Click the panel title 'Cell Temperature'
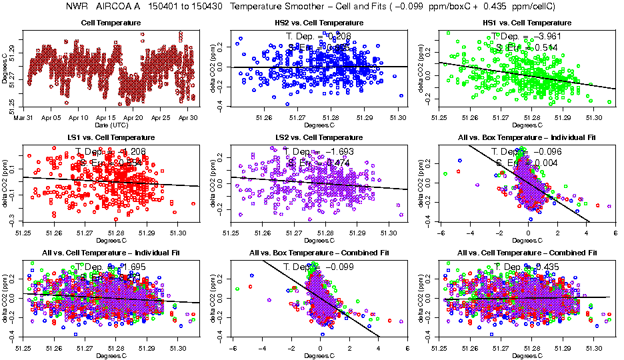112,23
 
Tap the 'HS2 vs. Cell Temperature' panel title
320,23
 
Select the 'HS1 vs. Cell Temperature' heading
527,23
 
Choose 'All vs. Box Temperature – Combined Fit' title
320,253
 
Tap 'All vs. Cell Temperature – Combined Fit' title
527,253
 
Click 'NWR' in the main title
79,6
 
